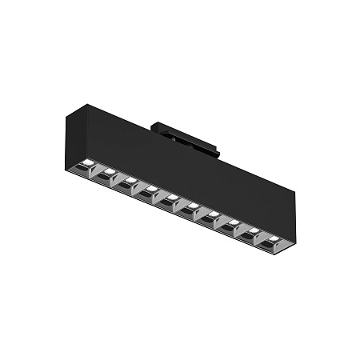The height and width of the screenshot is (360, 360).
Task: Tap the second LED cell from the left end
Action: pos(108,173)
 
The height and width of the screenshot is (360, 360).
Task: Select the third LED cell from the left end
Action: pos(128,181)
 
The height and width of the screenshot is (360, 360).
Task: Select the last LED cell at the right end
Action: pos(274,237)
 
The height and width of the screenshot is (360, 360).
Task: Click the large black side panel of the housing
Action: pos(184,164)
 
